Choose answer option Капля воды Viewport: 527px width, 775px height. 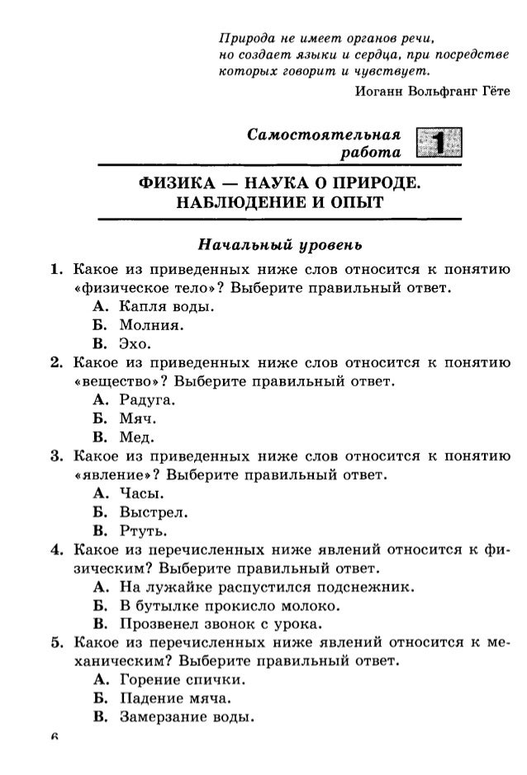point(160,308)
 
